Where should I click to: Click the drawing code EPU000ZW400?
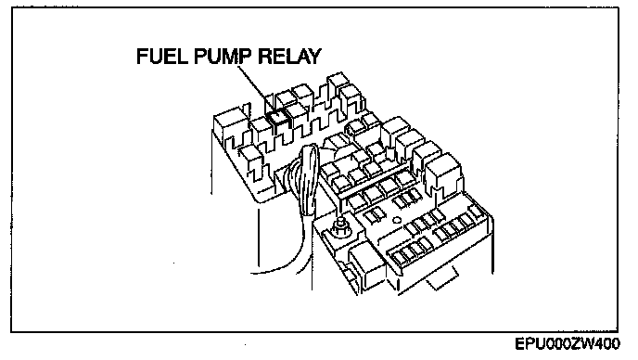coord(568,343)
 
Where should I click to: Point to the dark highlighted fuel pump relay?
coord(277,117)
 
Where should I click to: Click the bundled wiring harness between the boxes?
coord(308,179)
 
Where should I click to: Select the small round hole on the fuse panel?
coord(397,221)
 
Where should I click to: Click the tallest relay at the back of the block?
coord(338,86)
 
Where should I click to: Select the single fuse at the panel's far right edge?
coord(476,212)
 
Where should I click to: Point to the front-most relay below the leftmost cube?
coord(252,163)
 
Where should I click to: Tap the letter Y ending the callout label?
coord(314,57)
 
